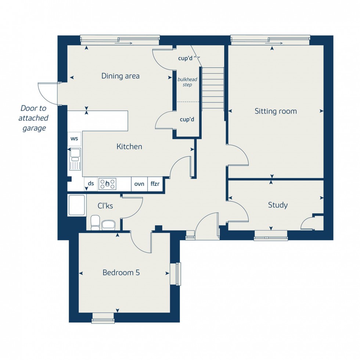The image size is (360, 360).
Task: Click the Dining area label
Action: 120,76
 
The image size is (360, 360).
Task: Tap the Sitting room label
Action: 276,111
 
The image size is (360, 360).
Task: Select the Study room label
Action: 278,205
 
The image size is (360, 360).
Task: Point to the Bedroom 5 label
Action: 121,273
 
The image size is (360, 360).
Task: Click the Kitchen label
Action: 129,147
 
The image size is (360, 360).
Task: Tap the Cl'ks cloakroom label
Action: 105,206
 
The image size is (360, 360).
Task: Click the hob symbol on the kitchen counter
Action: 107,184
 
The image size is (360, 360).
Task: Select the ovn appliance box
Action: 139,184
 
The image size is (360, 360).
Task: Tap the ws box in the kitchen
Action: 75,139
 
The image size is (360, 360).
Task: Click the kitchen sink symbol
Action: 75,159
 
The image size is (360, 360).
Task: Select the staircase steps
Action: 213,88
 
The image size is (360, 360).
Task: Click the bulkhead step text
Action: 185,82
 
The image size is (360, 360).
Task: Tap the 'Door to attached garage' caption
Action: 33,118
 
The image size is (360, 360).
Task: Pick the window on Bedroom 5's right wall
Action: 178,274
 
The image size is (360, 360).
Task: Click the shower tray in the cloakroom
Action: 77,205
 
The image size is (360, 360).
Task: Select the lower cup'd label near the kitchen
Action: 187,119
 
